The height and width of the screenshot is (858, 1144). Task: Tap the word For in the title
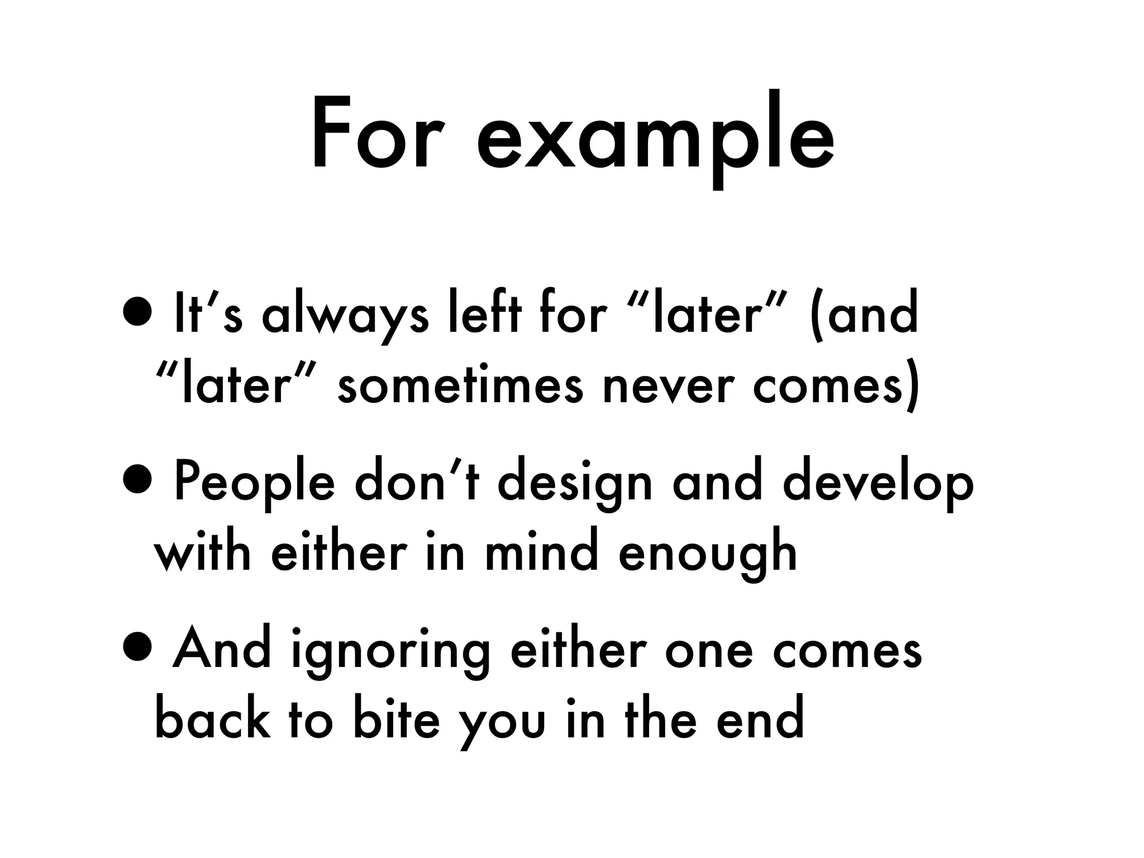[371, 134]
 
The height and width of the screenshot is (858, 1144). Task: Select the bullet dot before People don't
[137, 482]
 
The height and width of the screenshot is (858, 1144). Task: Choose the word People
[254, 484]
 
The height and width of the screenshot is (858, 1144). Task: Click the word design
[575, 484]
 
